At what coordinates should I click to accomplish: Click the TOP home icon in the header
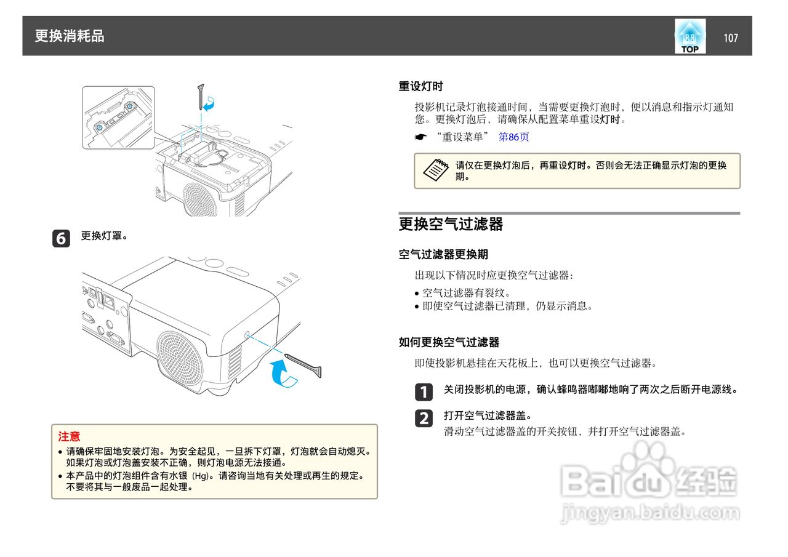[x=689, y=36]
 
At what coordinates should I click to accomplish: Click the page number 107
[x=730, y=38]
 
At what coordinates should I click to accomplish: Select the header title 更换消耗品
[x=70, y=36]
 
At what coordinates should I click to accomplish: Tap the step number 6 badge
[x=61, y=238]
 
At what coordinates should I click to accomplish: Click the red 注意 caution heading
[x=69, y=436]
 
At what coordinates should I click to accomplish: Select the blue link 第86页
[x=513, y=137]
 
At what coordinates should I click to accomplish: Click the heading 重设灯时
[x=420, y=86]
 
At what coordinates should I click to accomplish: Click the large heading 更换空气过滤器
[x=451, y=224]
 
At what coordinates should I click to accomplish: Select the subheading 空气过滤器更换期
[x=443, y=254]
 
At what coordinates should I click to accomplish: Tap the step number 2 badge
[x=424, y=419]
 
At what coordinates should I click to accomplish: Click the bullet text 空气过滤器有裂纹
[x=457, y=293]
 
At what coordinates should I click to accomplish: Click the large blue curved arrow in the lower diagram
[x=284, y=375]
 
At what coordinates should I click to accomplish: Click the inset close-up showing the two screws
[x=118, y=118]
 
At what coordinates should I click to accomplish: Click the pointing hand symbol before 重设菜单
[x=420, y=137]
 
